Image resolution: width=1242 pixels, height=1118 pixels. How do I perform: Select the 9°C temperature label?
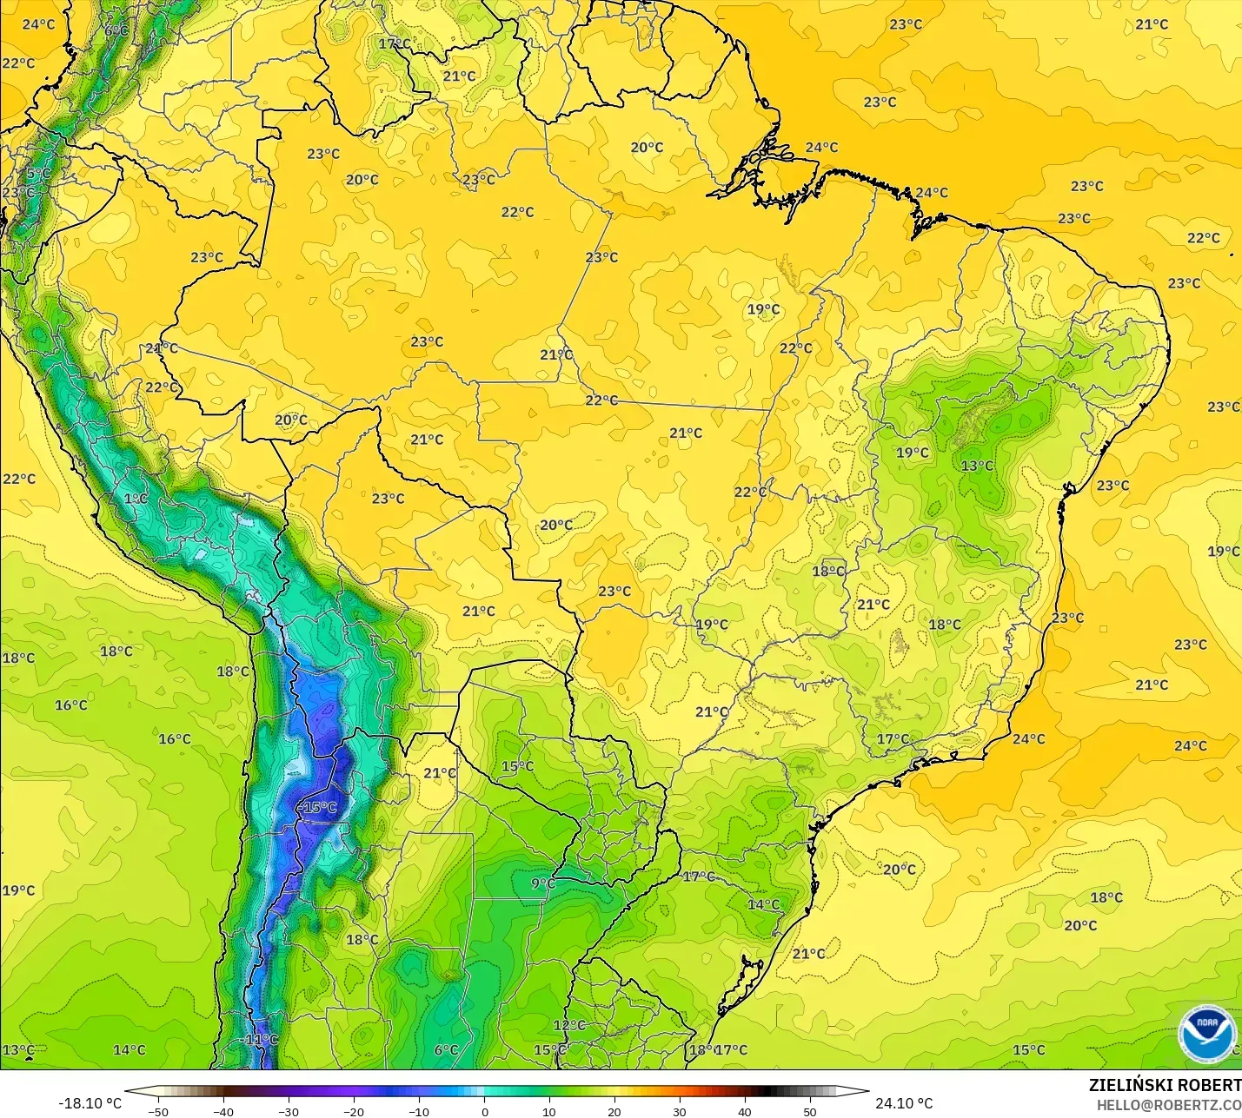coord(543,883)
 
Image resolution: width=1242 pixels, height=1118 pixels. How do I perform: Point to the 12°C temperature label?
coord(569,1025)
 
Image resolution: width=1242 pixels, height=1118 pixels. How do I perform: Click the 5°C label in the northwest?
coord(37,174)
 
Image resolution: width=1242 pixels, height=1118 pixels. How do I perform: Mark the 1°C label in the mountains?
coord(136,499)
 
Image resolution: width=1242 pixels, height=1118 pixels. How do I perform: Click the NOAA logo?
coord(1206,1033)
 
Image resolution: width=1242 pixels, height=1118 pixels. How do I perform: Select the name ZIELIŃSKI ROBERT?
coord(1165,1085)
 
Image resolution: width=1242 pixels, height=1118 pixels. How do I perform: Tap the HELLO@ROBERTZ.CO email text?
coord(1168,1105)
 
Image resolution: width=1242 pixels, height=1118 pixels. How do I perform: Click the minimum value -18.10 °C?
coord(90,1103)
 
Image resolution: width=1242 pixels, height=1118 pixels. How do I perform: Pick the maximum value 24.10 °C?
coord(904,1103)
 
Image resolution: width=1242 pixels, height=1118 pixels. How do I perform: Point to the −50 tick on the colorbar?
coord(158,1111)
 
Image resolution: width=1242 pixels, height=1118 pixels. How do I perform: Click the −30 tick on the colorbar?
coord(289,1111)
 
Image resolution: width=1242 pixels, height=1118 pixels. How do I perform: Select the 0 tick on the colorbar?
coord(484,1111)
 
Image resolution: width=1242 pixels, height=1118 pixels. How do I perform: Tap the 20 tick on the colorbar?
coord(614,1111)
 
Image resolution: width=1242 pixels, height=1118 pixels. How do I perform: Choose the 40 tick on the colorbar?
coord(745,1111)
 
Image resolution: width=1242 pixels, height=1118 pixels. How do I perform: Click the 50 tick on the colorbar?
coord(810,1111)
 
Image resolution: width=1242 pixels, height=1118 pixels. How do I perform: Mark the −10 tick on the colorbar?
coord(419,1111)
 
